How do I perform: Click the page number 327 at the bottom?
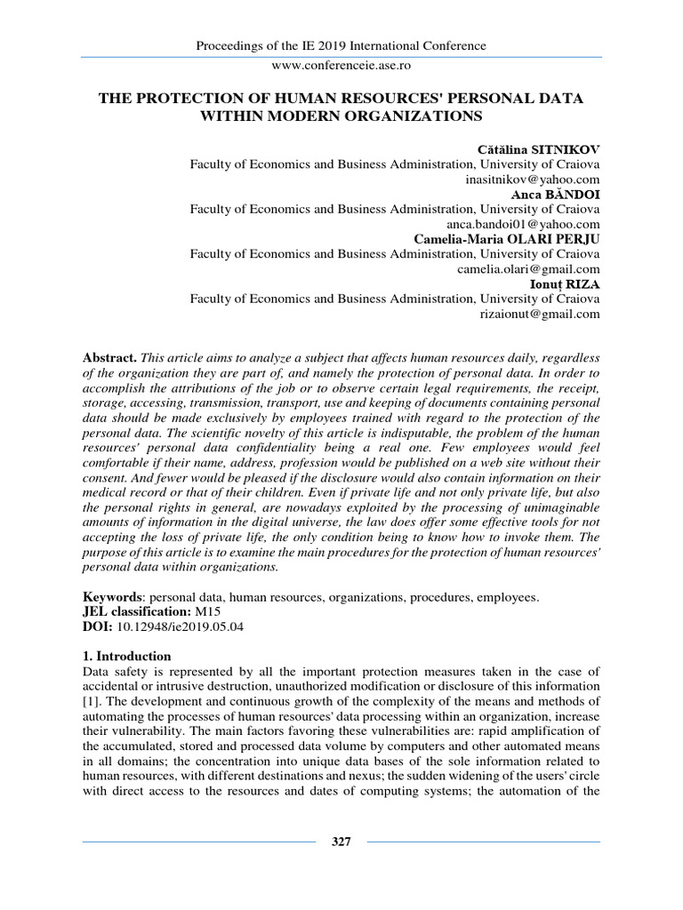point(341,842)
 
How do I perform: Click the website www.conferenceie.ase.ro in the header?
point(341,65)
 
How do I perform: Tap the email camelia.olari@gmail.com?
point(528,269)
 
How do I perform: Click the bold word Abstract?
point(109,356)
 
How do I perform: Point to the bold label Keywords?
point(112,598)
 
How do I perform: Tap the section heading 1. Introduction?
point(125,659)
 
